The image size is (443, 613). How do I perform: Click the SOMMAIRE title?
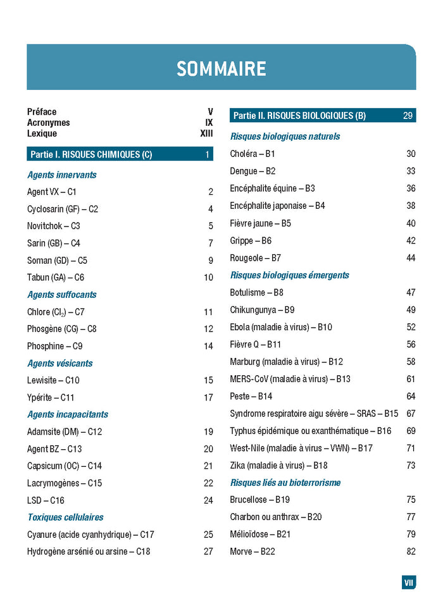pos(221,68)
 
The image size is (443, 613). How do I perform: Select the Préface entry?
pos(42,112)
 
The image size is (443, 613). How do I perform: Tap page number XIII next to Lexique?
pos(206,133)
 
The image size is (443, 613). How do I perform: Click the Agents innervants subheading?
pos(61,175)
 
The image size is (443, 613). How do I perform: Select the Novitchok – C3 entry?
pos(54,226)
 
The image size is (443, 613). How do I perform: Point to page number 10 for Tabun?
pos(208,278)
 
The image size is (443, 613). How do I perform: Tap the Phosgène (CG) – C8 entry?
pos(62,329)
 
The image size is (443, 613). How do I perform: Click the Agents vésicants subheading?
pos(59,363)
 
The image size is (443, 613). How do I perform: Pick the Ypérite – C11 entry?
pos(51,398)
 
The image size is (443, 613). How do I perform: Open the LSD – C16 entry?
pos(46,500)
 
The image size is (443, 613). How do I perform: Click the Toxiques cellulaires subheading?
pos(65,517)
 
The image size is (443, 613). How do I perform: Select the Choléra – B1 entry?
pos(253,154)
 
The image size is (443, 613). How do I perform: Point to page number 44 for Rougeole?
pos(411,258)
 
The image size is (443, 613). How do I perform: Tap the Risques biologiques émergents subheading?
pos(289,275)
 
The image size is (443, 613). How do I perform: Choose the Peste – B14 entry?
pos(251,396)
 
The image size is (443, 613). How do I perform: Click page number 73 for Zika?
pos(411,466)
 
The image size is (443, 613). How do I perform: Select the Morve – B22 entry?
pos(252,552)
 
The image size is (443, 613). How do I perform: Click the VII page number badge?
pos(409,583)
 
